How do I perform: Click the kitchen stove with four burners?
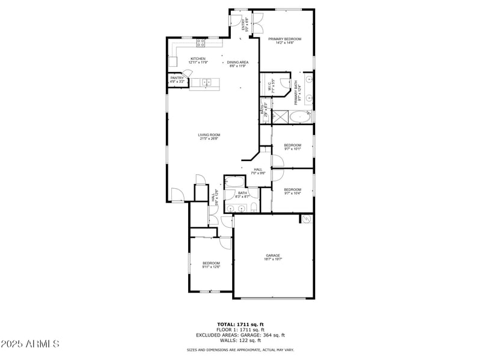201,43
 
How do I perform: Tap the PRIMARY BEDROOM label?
284,40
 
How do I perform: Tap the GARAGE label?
273,257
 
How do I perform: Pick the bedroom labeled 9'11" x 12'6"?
211,264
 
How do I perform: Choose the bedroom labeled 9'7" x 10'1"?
292,147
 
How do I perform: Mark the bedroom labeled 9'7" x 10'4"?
292,191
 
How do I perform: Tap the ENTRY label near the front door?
245,25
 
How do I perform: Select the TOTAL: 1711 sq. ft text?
240,325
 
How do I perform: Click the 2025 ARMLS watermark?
30,344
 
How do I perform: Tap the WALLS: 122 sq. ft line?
240,340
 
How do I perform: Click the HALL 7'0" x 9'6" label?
258,171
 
